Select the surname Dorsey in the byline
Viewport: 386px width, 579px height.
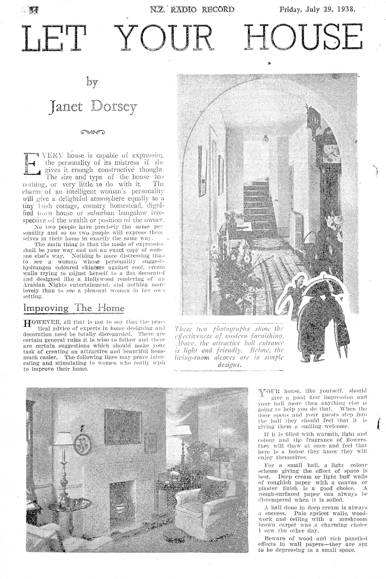pos(114,107)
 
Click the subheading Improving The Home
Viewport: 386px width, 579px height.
pos(73,308)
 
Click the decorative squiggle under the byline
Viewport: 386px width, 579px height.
pos(92,132)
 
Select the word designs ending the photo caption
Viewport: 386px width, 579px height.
pos(229,365)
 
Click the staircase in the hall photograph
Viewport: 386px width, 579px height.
pos(257,201)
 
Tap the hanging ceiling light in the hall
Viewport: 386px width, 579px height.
pos(266,141)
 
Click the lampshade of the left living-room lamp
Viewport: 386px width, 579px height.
pos(64,439)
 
